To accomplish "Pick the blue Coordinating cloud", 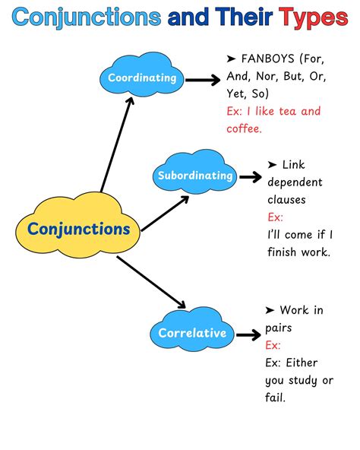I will point(141,78).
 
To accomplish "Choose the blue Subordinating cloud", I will point(194,176).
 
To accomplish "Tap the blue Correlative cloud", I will point(191,333).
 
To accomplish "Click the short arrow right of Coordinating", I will point(204,78).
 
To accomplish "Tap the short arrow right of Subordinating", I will point(250,176).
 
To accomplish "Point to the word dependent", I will point(295,182).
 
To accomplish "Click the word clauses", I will point(288,199).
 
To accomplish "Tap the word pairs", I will point(279,327).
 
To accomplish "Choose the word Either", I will point(302,362).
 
